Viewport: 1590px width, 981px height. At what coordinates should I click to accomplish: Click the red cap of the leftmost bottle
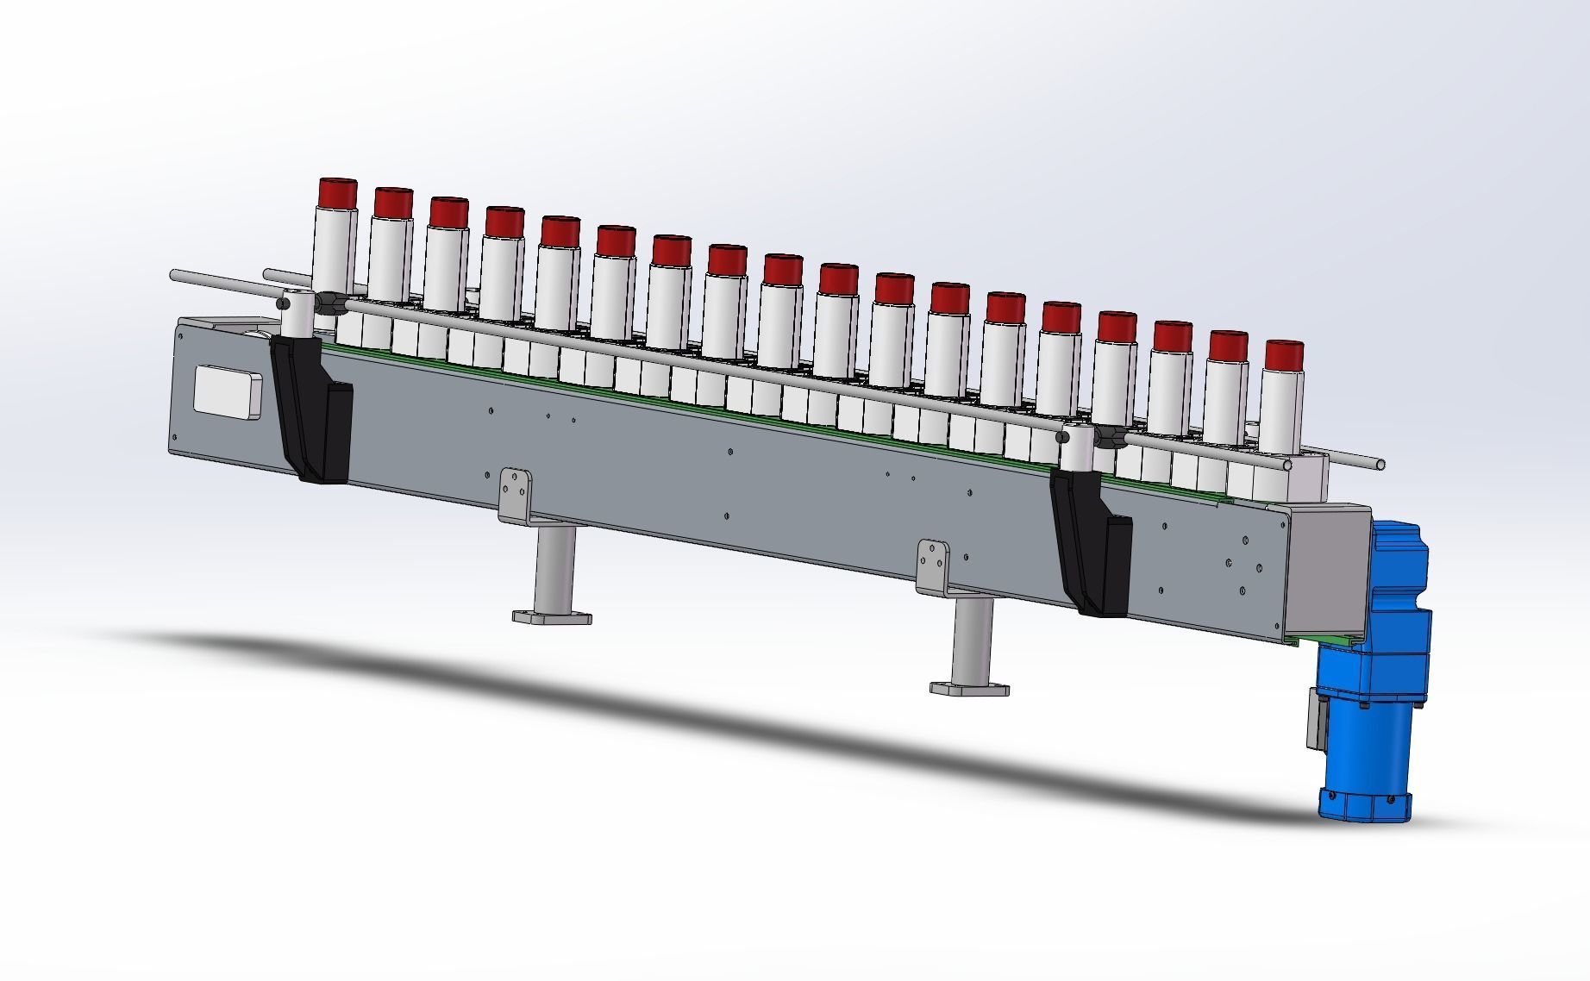click(x=337, y=192)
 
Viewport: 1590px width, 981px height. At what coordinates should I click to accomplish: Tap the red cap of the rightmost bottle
click(x=1284, y=355)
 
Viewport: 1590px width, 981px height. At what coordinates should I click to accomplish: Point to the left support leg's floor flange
click(x=552, y=617)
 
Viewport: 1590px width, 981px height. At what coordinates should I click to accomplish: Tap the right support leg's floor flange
click(x=969, y=688)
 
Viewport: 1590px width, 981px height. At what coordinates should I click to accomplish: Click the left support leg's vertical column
click(x=554, y=569)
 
